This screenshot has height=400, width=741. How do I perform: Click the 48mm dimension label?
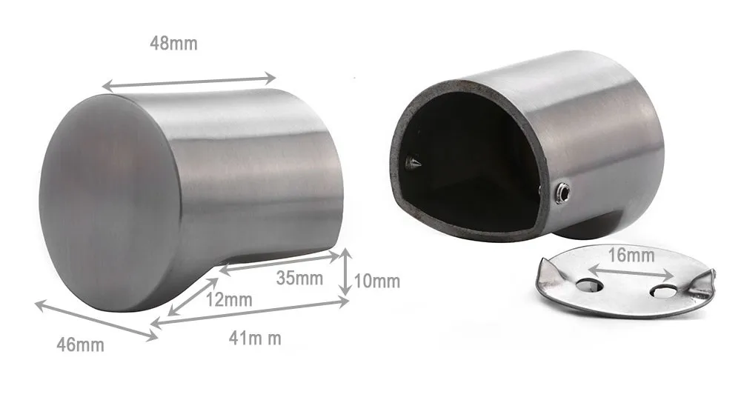coord(173,43)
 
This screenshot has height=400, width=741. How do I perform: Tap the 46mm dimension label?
coord(80,344)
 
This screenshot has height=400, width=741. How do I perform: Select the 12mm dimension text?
coord(229,300)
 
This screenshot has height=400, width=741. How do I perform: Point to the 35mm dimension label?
coord(299,279)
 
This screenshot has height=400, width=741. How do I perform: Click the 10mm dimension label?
coord(377,281)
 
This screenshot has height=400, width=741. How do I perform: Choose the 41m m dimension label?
coord(255,339)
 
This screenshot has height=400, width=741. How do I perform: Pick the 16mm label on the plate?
coord(631,256)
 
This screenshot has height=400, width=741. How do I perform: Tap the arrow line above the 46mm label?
coord(96,320)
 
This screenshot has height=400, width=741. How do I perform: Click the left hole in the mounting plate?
coord(590,284)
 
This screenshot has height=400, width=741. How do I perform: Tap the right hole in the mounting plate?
coord(663,291)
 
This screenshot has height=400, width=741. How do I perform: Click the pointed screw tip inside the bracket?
coord(412,162)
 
